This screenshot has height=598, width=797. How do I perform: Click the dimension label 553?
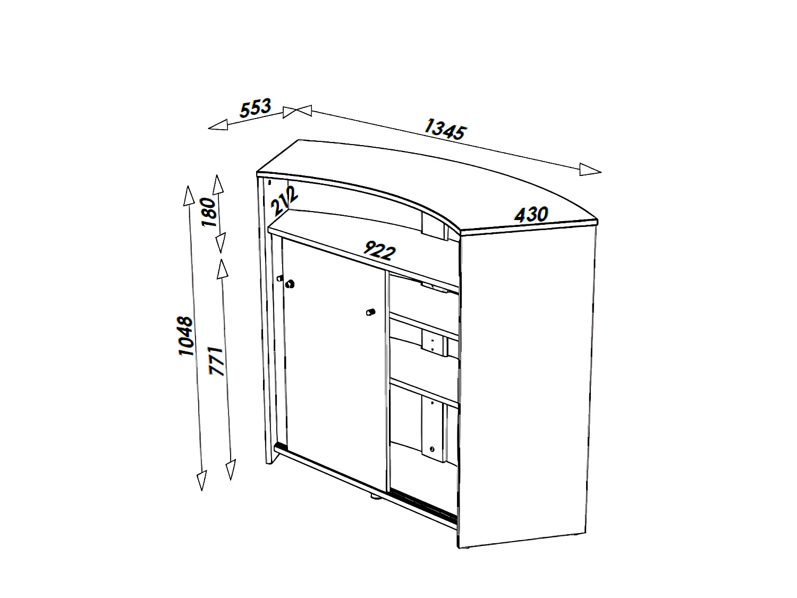point(256,108)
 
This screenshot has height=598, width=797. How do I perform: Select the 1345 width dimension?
point(445,129)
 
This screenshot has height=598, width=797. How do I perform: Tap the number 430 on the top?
point(531,214)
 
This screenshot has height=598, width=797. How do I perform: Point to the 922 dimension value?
point(379,250)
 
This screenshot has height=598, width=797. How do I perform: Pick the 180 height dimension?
point(210,212)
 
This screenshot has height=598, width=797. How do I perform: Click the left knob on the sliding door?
point(290,284)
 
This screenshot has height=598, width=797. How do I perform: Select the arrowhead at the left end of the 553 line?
point(218,125)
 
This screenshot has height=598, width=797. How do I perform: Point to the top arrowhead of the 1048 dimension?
point(188,195)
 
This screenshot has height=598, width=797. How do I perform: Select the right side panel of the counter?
point(529,383)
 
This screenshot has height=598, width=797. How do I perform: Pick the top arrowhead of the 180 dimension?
point(218,184)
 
